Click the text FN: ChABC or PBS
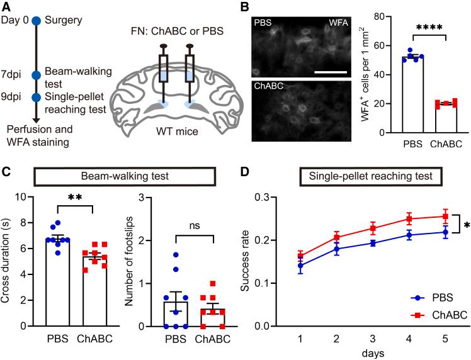coord(179,32)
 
